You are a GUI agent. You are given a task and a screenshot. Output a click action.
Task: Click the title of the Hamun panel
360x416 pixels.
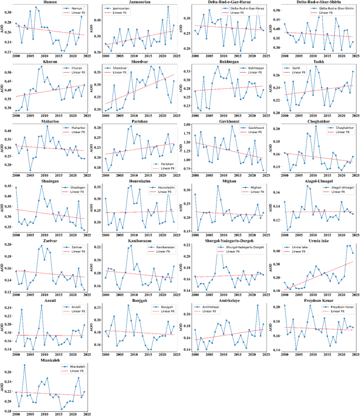pos(50,3)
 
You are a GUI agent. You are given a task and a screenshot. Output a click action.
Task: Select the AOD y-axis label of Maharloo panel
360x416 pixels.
pos(4,149)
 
